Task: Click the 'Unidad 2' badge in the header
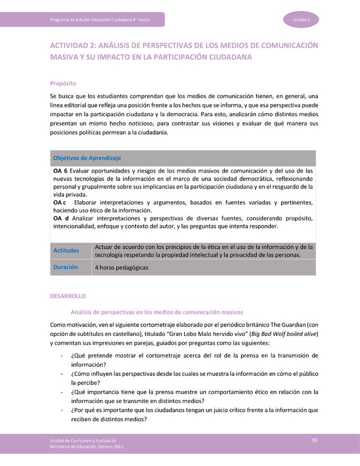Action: coord(301,19)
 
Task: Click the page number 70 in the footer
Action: coord(314,440)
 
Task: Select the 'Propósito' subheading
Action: coord(63,83)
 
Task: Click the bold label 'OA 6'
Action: coord(60,171)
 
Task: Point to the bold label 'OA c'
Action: coord(59,202)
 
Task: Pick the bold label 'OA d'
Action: coord(60,218)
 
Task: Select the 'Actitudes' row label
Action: coord(65,250)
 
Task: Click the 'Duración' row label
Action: coord(65,267)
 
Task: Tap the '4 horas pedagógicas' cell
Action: coord(121,267)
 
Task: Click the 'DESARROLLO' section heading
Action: coord(68,296)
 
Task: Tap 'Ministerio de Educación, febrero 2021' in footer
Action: coord(86,446)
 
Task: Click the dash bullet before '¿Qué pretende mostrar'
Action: coord(61,356)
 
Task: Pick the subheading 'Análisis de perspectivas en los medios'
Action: coord(156,312)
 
